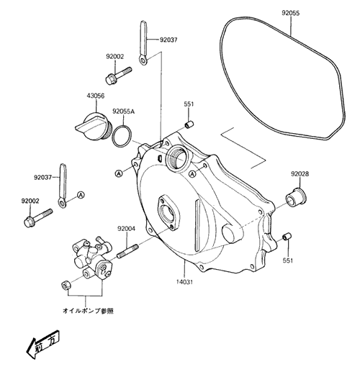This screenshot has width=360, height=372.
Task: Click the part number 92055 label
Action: point(291,13)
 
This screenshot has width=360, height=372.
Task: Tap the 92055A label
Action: point(124,112)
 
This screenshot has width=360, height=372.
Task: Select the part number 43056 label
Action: point(96,96)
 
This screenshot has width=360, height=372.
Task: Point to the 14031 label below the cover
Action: point(184,282)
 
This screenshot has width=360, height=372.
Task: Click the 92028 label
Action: point(300,173)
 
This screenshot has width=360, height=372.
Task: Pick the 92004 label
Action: point(126,229)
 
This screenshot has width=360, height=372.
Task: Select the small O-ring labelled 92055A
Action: point(122,136)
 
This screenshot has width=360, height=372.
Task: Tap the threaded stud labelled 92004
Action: point(127,251)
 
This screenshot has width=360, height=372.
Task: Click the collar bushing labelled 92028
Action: point(297,198)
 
